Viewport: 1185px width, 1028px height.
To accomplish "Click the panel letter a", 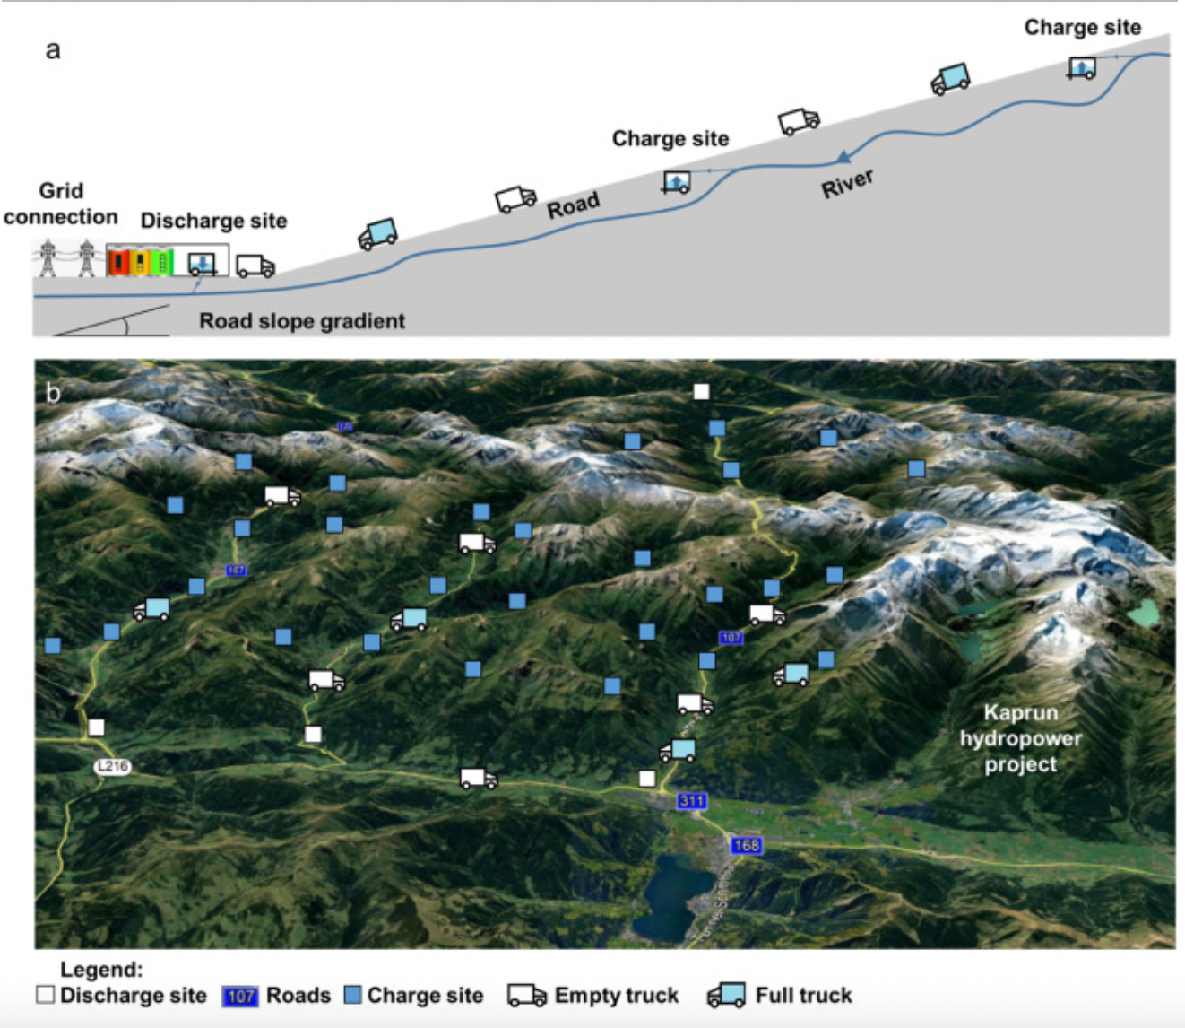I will [x=53, y=50].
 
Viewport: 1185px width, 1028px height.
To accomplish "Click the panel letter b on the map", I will [x=53, y=393].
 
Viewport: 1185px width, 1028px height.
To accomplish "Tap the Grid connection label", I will [x=61, y=204].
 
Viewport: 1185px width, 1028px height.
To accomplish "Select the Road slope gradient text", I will [x=302, y=321].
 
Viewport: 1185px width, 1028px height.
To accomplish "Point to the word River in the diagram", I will [x=847, y=184].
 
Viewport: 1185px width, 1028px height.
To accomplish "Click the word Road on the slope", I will [x=573, y=206].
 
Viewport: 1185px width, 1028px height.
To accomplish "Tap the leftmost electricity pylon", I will [x=48, y=258].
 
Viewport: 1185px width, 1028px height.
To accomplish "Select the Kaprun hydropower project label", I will [x=1021, y=738].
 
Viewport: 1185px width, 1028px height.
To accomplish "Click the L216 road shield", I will [x=113, y=766].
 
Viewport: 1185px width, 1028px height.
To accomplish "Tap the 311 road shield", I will [x=692, y=801].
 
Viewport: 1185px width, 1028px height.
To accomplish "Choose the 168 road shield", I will [x=746, y=845].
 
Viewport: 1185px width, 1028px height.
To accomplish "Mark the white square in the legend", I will [x=46, y=995].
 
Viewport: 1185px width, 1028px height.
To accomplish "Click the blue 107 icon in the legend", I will [x=240, y=996].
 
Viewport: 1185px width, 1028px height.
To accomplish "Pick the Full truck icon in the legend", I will [x=726, y=996].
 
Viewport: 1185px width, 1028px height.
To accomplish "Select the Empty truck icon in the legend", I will [x=526, y=996].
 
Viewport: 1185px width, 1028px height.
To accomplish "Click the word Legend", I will [x=101, y=970].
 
